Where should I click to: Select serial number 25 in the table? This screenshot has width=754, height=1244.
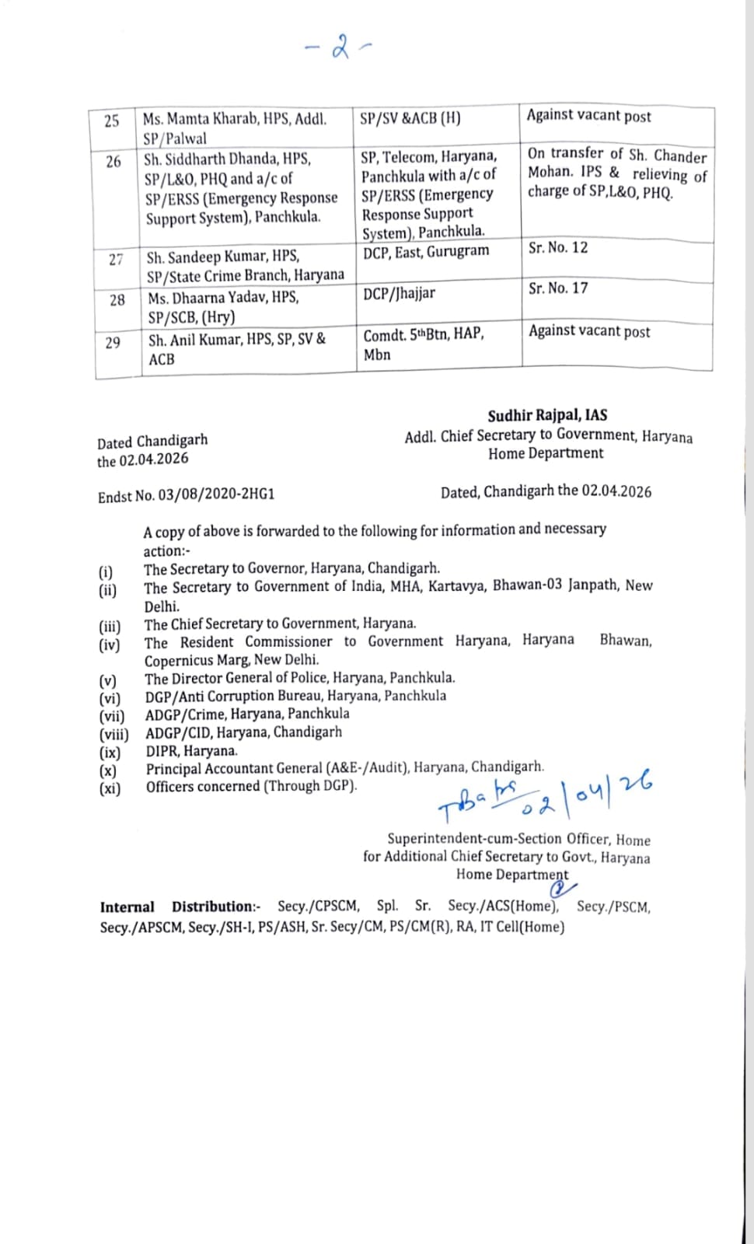tap(112, 121)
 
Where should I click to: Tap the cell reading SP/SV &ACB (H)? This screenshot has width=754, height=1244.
tap(410, 118)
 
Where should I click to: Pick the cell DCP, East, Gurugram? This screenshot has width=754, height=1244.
tap(426, 251)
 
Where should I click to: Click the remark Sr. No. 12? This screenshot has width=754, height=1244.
tap(558, 248)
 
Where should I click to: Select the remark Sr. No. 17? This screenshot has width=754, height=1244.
tap(558, 288)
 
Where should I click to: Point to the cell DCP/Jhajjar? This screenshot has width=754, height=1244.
tap(399, 293)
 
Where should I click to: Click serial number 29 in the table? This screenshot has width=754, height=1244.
tap(113, 342)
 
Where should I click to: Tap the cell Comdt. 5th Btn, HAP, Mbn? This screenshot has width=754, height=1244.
tap(424, 344)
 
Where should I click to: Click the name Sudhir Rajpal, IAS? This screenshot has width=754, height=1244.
tap(547, 416)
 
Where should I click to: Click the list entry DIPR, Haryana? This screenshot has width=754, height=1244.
tap(191, 751)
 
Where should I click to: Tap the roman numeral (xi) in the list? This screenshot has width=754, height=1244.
tap(110, 788)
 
